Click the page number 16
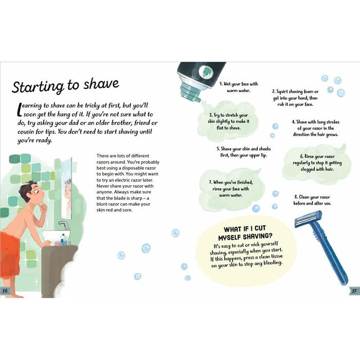pos(5,291)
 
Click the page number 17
pos(354,291)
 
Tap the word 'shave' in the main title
pos(101,84)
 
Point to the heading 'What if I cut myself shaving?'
pos(245,232)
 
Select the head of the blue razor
pos(309,219)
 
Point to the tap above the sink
pos(64,225)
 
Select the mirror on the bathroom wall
pos(66,188)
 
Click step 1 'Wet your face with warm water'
pos(239,87)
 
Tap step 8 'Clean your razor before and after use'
pos(312,200)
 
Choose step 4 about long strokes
pos(315,128)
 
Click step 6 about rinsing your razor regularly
pos(317,163)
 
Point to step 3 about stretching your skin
pos(228,121)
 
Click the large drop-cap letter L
pos(20,109)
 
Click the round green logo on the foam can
pos(206,72)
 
